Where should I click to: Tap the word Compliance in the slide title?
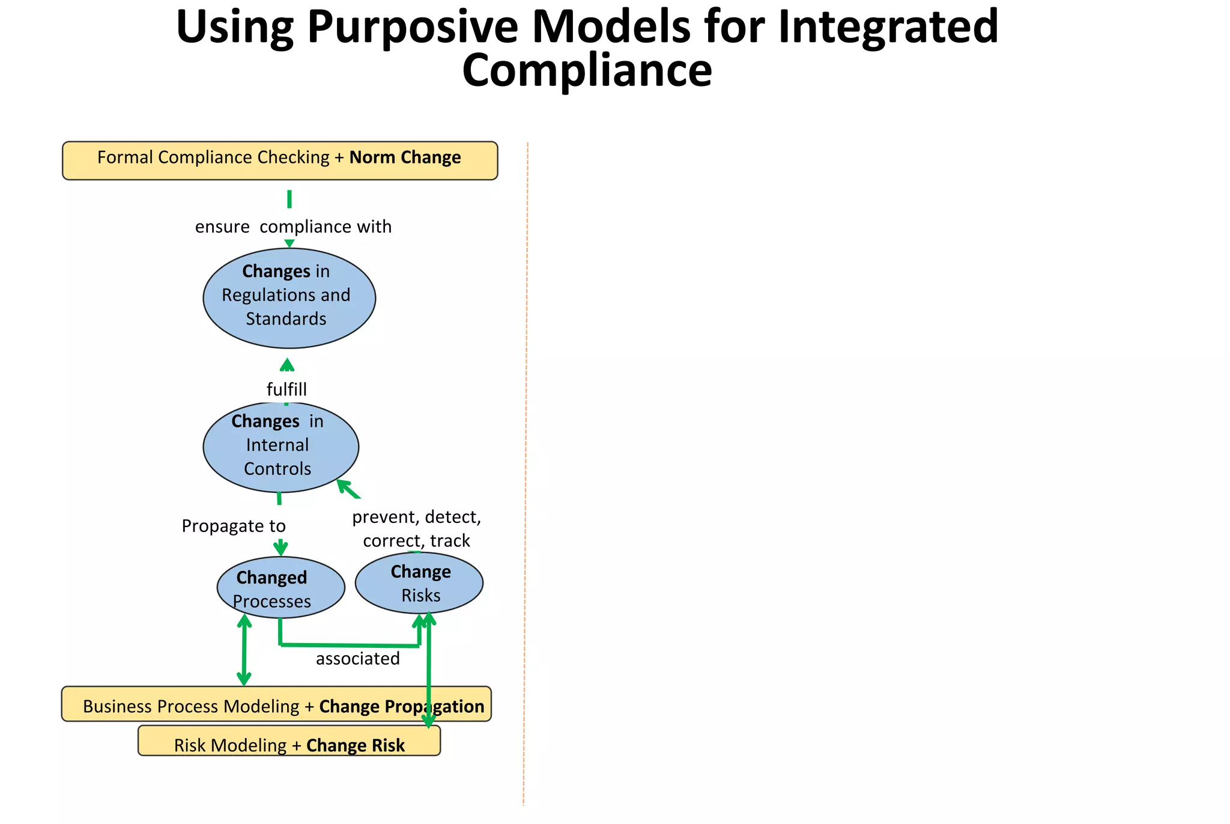click(x=587, y=71)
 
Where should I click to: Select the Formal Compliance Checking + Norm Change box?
click(x=280, y=160)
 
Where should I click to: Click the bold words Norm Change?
click(x=405, y=157)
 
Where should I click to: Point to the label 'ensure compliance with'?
click(x=293, y=227)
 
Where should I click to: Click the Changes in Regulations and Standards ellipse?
click(x=289, y=298)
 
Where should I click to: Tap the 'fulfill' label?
click(x=286, y=389)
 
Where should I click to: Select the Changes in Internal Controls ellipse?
click(x=280, y=447)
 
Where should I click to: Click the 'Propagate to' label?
click(x=234, y=526)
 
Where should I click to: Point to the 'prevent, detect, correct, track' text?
click(x=416, y=529)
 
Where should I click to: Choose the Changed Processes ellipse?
click(x=280, y=588)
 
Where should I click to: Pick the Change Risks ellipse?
click(x=419, y=583)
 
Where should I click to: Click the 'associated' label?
click(x=357, y=659)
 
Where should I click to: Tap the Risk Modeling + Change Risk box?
click(x=289, y=741)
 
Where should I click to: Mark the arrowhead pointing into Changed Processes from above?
click(x=280, y=549)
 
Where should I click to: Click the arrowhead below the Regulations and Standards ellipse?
click(x=287, y=365)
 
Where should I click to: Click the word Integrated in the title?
click(x=888, y=28)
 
